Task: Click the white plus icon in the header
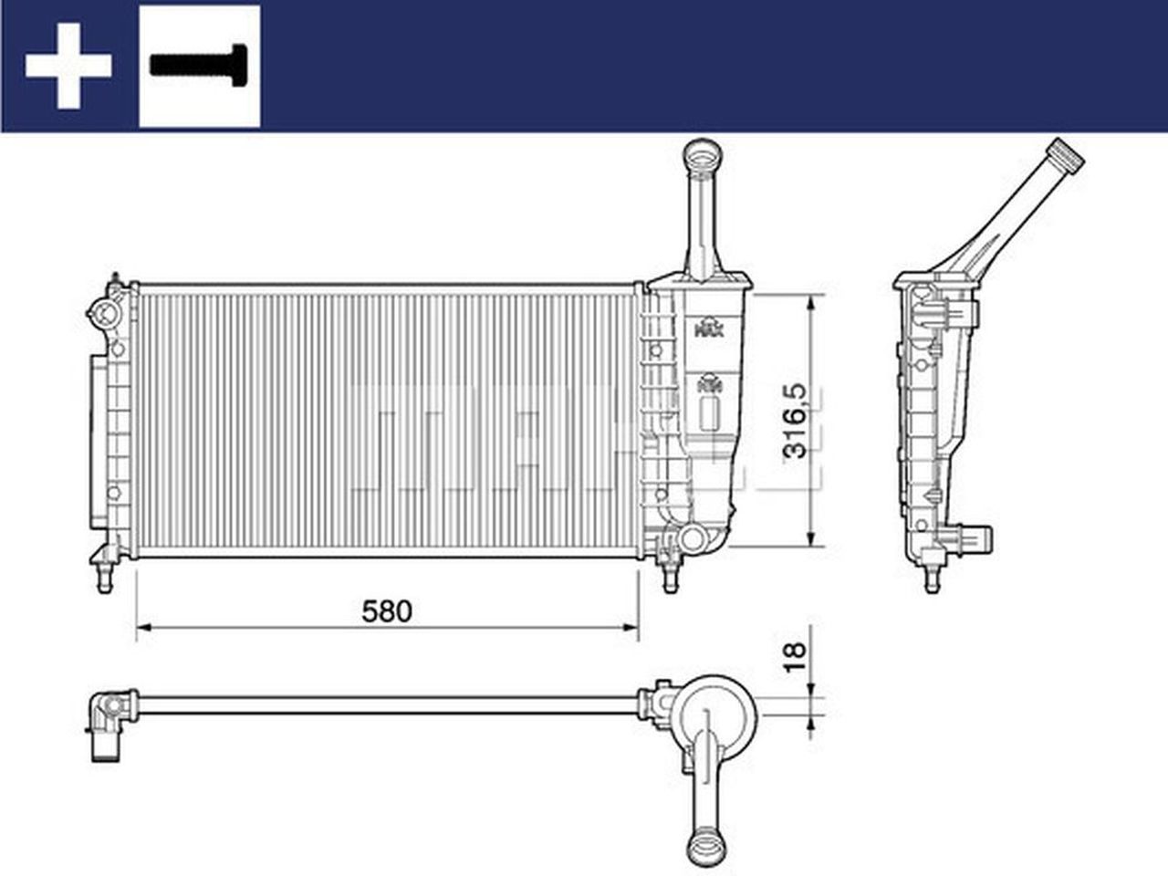pyautogui.click(x=68, y=66)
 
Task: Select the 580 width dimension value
pyautogui.click(x=387, y=610)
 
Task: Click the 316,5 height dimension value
pyautogui.click(x=795, y=420)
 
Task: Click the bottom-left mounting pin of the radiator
pyautogui.click(x=104, y=578)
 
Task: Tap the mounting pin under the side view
pyautogui.click(x=932, y=579)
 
